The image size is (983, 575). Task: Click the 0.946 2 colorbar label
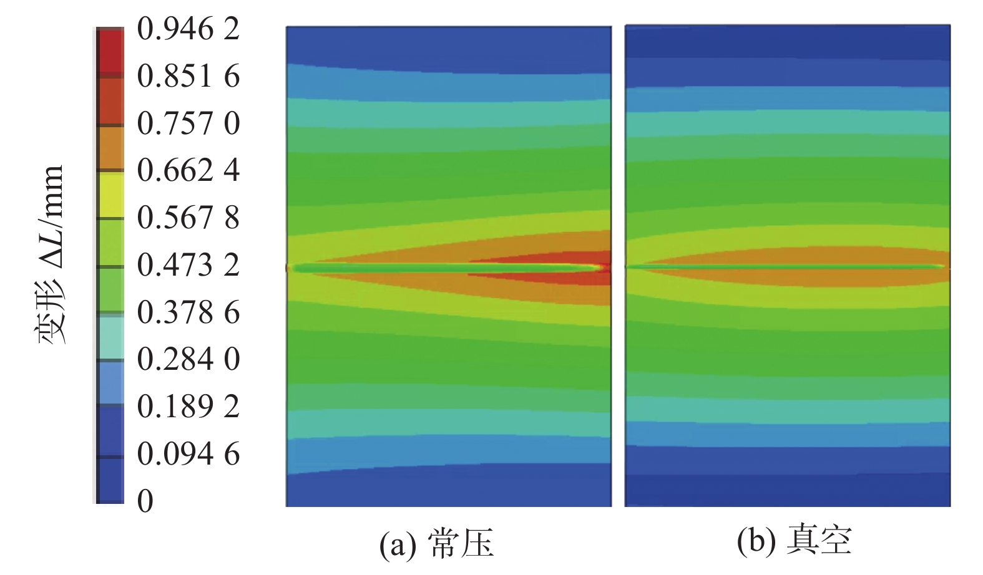(188, 29)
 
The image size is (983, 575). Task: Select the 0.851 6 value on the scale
(188, 77)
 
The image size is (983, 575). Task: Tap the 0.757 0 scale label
(188, 123)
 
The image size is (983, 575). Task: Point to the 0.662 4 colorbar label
(188, 170)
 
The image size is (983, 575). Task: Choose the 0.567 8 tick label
(188, 218)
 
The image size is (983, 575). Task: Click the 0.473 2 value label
(188, 265)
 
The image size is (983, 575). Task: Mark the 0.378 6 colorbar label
(188, 312)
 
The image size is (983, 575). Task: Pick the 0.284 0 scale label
(188, 359)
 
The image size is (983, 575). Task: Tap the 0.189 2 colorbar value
(188, 407)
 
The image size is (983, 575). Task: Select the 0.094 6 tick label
(188, 454)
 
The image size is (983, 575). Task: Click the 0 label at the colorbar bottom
(145, 501)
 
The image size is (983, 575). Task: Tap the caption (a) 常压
(436, 543)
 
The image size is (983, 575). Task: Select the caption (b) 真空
(793, 540)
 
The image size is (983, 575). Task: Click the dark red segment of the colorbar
(110, 52)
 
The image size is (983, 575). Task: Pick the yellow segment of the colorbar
(110, 195)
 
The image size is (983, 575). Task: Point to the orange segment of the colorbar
(110, 148)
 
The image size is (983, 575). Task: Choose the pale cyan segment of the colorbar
(110, 337)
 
